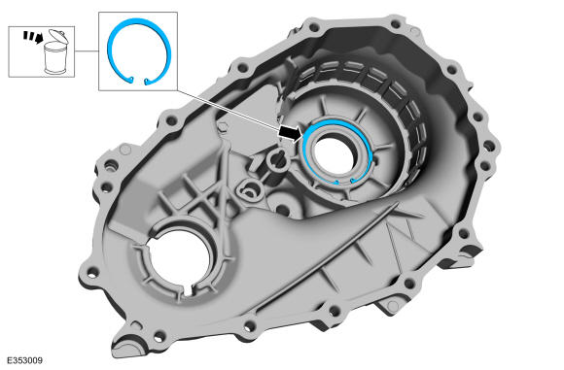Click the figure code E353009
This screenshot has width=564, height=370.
point(24,360)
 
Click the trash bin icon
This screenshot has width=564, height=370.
point(55,52)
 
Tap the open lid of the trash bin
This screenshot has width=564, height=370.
point(56,36)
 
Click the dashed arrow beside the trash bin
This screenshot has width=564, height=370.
point(33,37)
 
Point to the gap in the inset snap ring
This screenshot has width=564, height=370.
point(139,81)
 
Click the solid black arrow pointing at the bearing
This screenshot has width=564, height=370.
point(290,132)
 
